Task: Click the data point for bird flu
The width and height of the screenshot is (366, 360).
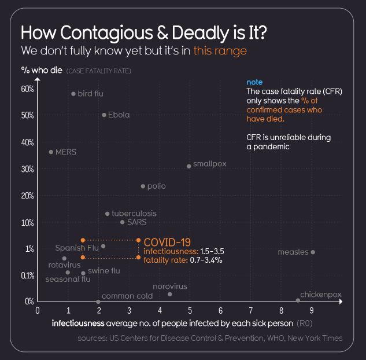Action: click(x=73, y=94)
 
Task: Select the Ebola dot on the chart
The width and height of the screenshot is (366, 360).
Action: click(x=104, y=115)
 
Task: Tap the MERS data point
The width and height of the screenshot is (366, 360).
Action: click(x=51, y=152)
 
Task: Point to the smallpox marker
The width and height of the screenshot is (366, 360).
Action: click(x=189, y=166)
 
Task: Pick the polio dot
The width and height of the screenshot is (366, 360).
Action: click(x=143, y=186)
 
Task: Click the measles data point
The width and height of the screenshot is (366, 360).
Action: click(x=313, y=252)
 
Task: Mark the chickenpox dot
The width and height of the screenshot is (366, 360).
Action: click(x=298, y=300)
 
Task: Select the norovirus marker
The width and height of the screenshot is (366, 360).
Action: click(x=169, y=294)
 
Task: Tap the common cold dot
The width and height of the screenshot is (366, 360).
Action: click(x=98, y=302)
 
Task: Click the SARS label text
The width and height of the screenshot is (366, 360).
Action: click(x=137, y=222)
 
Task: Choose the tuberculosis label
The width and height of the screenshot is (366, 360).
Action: click(x=134, y=214)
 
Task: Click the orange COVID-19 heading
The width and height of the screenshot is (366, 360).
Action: click(x=167, y=242)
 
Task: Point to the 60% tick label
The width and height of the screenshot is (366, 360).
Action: click(x=27, y=89)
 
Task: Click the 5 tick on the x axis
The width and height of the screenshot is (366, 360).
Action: click(x=190, y=311)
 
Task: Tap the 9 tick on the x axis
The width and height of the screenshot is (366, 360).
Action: click(x=312, y=311)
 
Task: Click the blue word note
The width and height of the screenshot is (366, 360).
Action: click(x=254, y=83)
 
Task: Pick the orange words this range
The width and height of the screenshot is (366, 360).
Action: click(x=220, y=51)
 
